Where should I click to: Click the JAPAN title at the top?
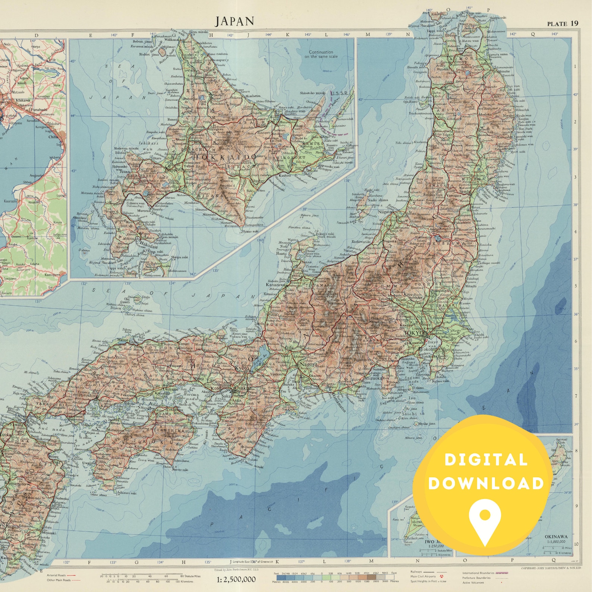click(x=234, y=21)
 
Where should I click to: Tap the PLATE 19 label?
click(x=562, y=23)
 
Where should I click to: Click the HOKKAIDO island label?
click(x=224, y=157)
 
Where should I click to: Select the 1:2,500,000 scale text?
click(x=236, y=579)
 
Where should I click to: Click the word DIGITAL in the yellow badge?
click(x=486, y=460)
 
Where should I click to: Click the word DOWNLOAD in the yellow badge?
click(x=486, y=484)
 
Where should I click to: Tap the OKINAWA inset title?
click(x=555, y=537)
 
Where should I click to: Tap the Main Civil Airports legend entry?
click(x=423, y=576)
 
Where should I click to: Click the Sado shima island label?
click(x=377, y=200)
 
